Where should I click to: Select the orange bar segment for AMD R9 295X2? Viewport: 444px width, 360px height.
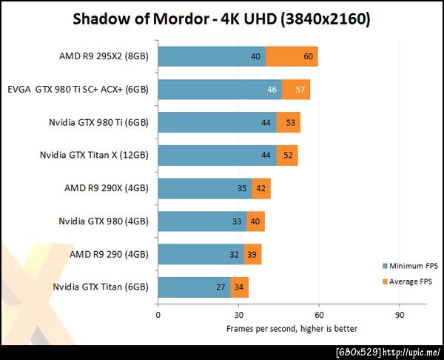point(292,56)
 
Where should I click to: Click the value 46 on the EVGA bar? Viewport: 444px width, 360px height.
point(272,90)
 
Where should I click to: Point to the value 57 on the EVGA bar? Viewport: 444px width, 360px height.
point(300,90)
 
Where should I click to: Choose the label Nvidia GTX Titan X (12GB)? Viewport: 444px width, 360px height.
point(94,156)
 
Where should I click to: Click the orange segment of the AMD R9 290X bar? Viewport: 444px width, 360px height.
point(261,188)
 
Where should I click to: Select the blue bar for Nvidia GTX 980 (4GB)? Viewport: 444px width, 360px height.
point(201,221)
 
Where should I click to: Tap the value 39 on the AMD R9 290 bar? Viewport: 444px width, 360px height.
point(252,254)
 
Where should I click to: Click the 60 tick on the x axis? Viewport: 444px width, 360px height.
point(319,314)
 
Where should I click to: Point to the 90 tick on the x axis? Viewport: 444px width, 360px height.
point(400,314)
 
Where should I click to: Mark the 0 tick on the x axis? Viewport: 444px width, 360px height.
point(158,314)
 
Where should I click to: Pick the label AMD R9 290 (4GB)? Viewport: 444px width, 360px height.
point(109,254)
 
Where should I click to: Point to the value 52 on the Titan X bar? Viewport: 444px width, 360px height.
point(287,156)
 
